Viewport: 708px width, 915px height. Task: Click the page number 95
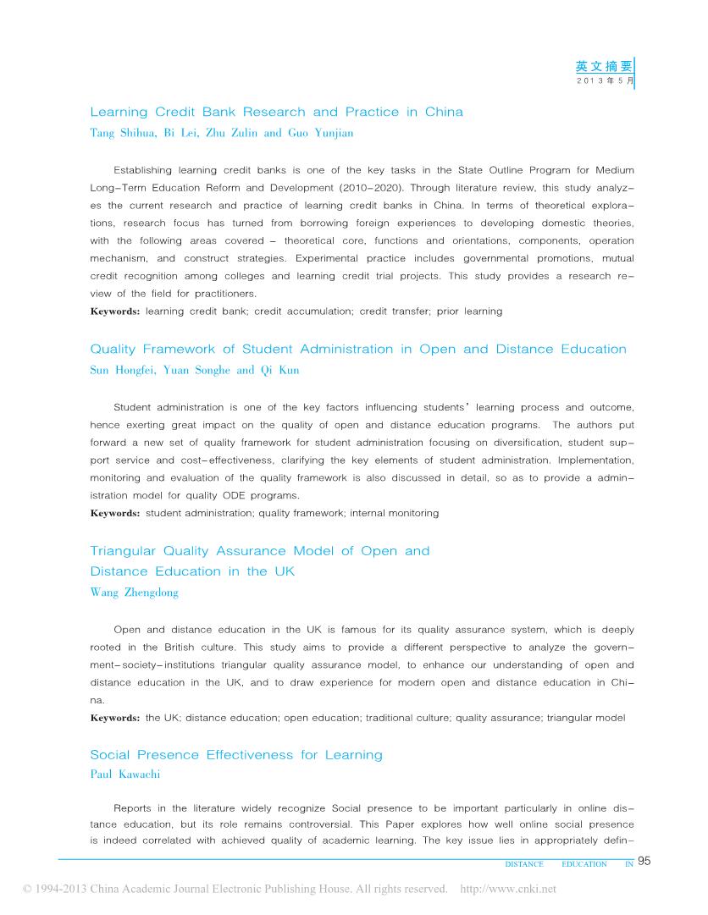click(x=644, y=862)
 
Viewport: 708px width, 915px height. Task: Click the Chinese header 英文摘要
click(x=604, y=66)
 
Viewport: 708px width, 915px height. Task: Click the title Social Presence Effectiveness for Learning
click(x=236, y=755)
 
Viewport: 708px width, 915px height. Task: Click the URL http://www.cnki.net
click(x=507, y=889)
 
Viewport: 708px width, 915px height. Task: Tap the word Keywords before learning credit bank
click(x=114, y=311)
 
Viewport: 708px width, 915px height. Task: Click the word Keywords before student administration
click(x=114, y=513)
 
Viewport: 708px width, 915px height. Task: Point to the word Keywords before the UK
click(x=114, y=718)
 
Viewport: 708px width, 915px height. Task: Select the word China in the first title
click(x=444, y=112)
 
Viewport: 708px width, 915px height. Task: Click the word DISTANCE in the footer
click(x=523, y=864)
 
